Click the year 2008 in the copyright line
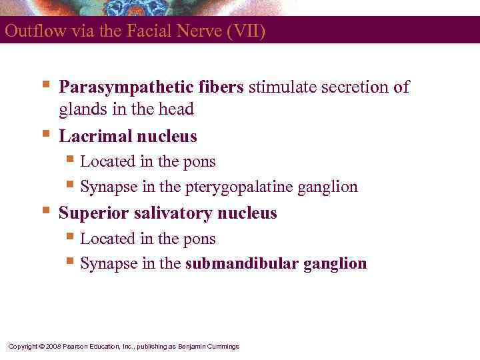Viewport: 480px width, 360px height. tap(54, 347)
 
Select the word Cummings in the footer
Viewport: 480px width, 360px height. tap(223, 347)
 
